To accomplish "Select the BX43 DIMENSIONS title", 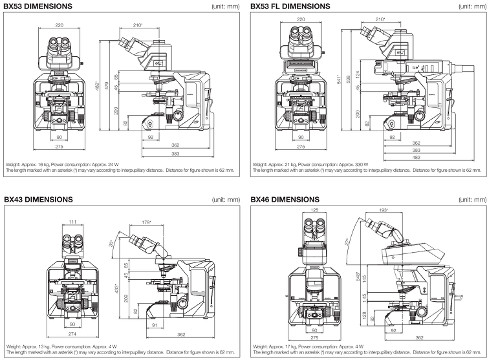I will point(38,199).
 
